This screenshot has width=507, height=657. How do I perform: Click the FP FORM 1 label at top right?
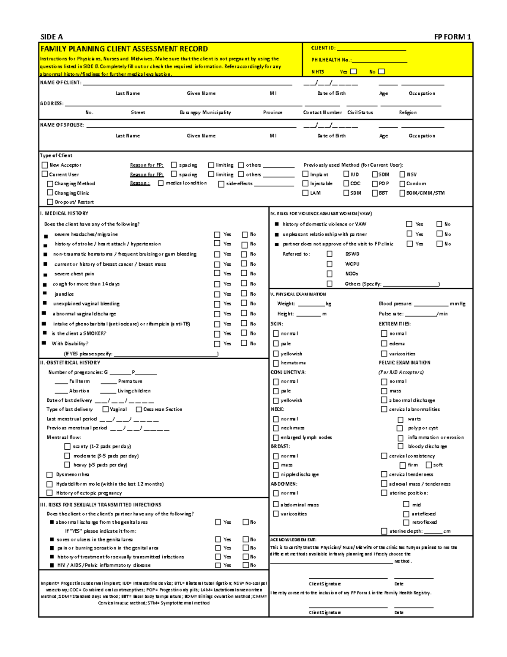452,37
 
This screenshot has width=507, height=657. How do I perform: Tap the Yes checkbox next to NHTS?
354,71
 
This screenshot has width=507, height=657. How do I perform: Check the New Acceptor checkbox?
45,165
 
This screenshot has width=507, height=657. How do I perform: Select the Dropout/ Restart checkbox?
50,202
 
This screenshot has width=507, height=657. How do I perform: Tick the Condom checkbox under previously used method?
402,184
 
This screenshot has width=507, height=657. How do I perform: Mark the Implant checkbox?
305,174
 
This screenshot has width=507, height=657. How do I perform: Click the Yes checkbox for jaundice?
217,294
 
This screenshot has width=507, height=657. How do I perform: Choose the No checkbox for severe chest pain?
244,273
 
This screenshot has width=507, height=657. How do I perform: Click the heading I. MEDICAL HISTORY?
64,214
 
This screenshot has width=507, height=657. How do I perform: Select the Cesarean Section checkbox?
139,409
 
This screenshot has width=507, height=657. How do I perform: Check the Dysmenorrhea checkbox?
49,475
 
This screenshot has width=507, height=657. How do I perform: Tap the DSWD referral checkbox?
330,254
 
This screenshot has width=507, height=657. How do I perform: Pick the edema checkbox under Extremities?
384,344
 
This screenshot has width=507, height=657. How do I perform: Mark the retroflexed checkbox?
406,522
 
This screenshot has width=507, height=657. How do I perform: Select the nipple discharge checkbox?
276,475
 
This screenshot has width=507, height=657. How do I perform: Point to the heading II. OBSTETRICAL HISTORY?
70,363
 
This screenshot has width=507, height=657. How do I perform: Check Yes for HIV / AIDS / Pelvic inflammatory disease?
218,565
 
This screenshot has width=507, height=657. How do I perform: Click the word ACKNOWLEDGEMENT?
293,540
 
